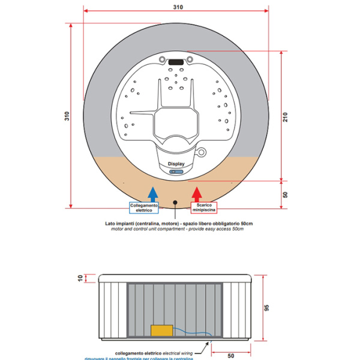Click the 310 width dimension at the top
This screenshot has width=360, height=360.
178,7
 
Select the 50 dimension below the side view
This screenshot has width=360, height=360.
231,355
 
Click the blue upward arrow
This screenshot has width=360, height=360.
153,193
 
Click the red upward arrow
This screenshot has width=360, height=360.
196,193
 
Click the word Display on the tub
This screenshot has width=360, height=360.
176,163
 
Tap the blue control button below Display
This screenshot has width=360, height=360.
176,171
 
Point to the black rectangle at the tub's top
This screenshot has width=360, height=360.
176,61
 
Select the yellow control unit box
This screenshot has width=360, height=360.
161,330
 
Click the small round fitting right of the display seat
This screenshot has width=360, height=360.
202,151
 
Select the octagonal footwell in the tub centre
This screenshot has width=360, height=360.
175,121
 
